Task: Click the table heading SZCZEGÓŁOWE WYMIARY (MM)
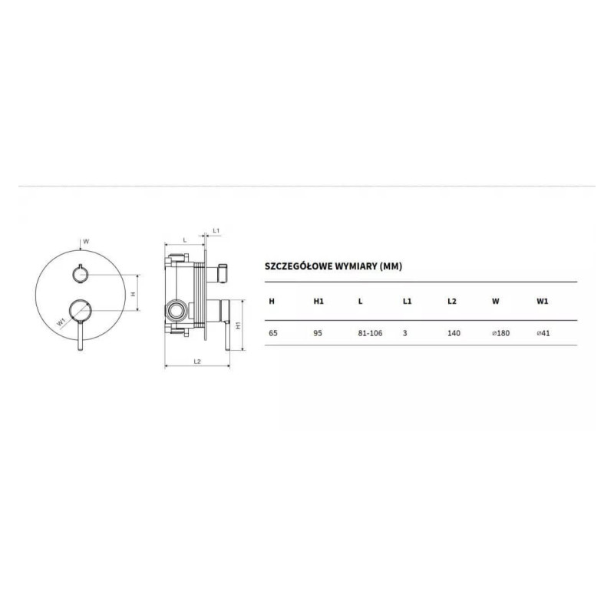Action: [333, 266]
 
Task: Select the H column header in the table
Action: [272, 301]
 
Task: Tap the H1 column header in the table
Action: [319, 301]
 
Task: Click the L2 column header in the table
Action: [452, 301]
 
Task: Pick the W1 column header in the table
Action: [543, 301]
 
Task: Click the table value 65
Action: [273, 333]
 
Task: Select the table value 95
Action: [318, 333]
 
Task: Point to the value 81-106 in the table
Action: [370, 333]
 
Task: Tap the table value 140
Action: [454, 333]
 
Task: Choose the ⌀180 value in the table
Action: [501, 333]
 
